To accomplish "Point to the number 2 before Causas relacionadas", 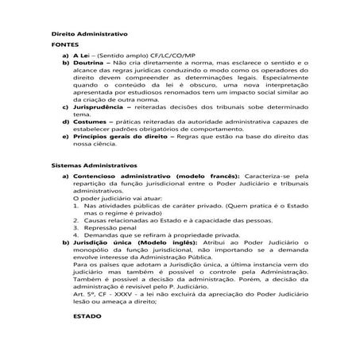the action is pyautogui.click(x=75, y=215).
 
